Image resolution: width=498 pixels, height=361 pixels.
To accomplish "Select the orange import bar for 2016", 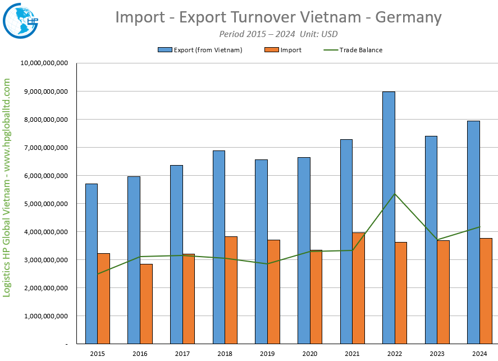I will [146, 304].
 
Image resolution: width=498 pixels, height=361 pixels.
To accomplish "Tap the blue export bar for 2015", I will [92, 263].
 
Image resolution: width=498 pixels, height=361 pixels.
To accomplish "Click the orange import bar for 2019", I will [273, 291].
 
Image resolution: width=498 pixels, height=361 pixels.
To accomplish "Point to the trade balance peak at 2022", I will [395, 194].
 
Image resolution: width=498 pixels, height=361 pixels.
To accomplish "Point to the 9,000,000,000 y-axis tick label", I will [44, 92].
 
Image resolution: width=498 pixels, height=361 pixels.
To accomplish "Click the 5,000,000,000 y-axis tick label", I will [44, 204].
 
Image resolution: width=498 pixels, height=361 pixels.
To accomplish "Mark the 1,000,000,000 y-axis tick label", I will [44, 316].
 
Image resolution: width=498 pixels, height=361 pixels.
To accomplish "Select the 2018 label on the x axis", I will [225, 354].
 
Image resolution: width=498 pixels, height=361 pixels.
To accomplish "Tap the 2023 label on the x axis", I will [437, 354].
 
